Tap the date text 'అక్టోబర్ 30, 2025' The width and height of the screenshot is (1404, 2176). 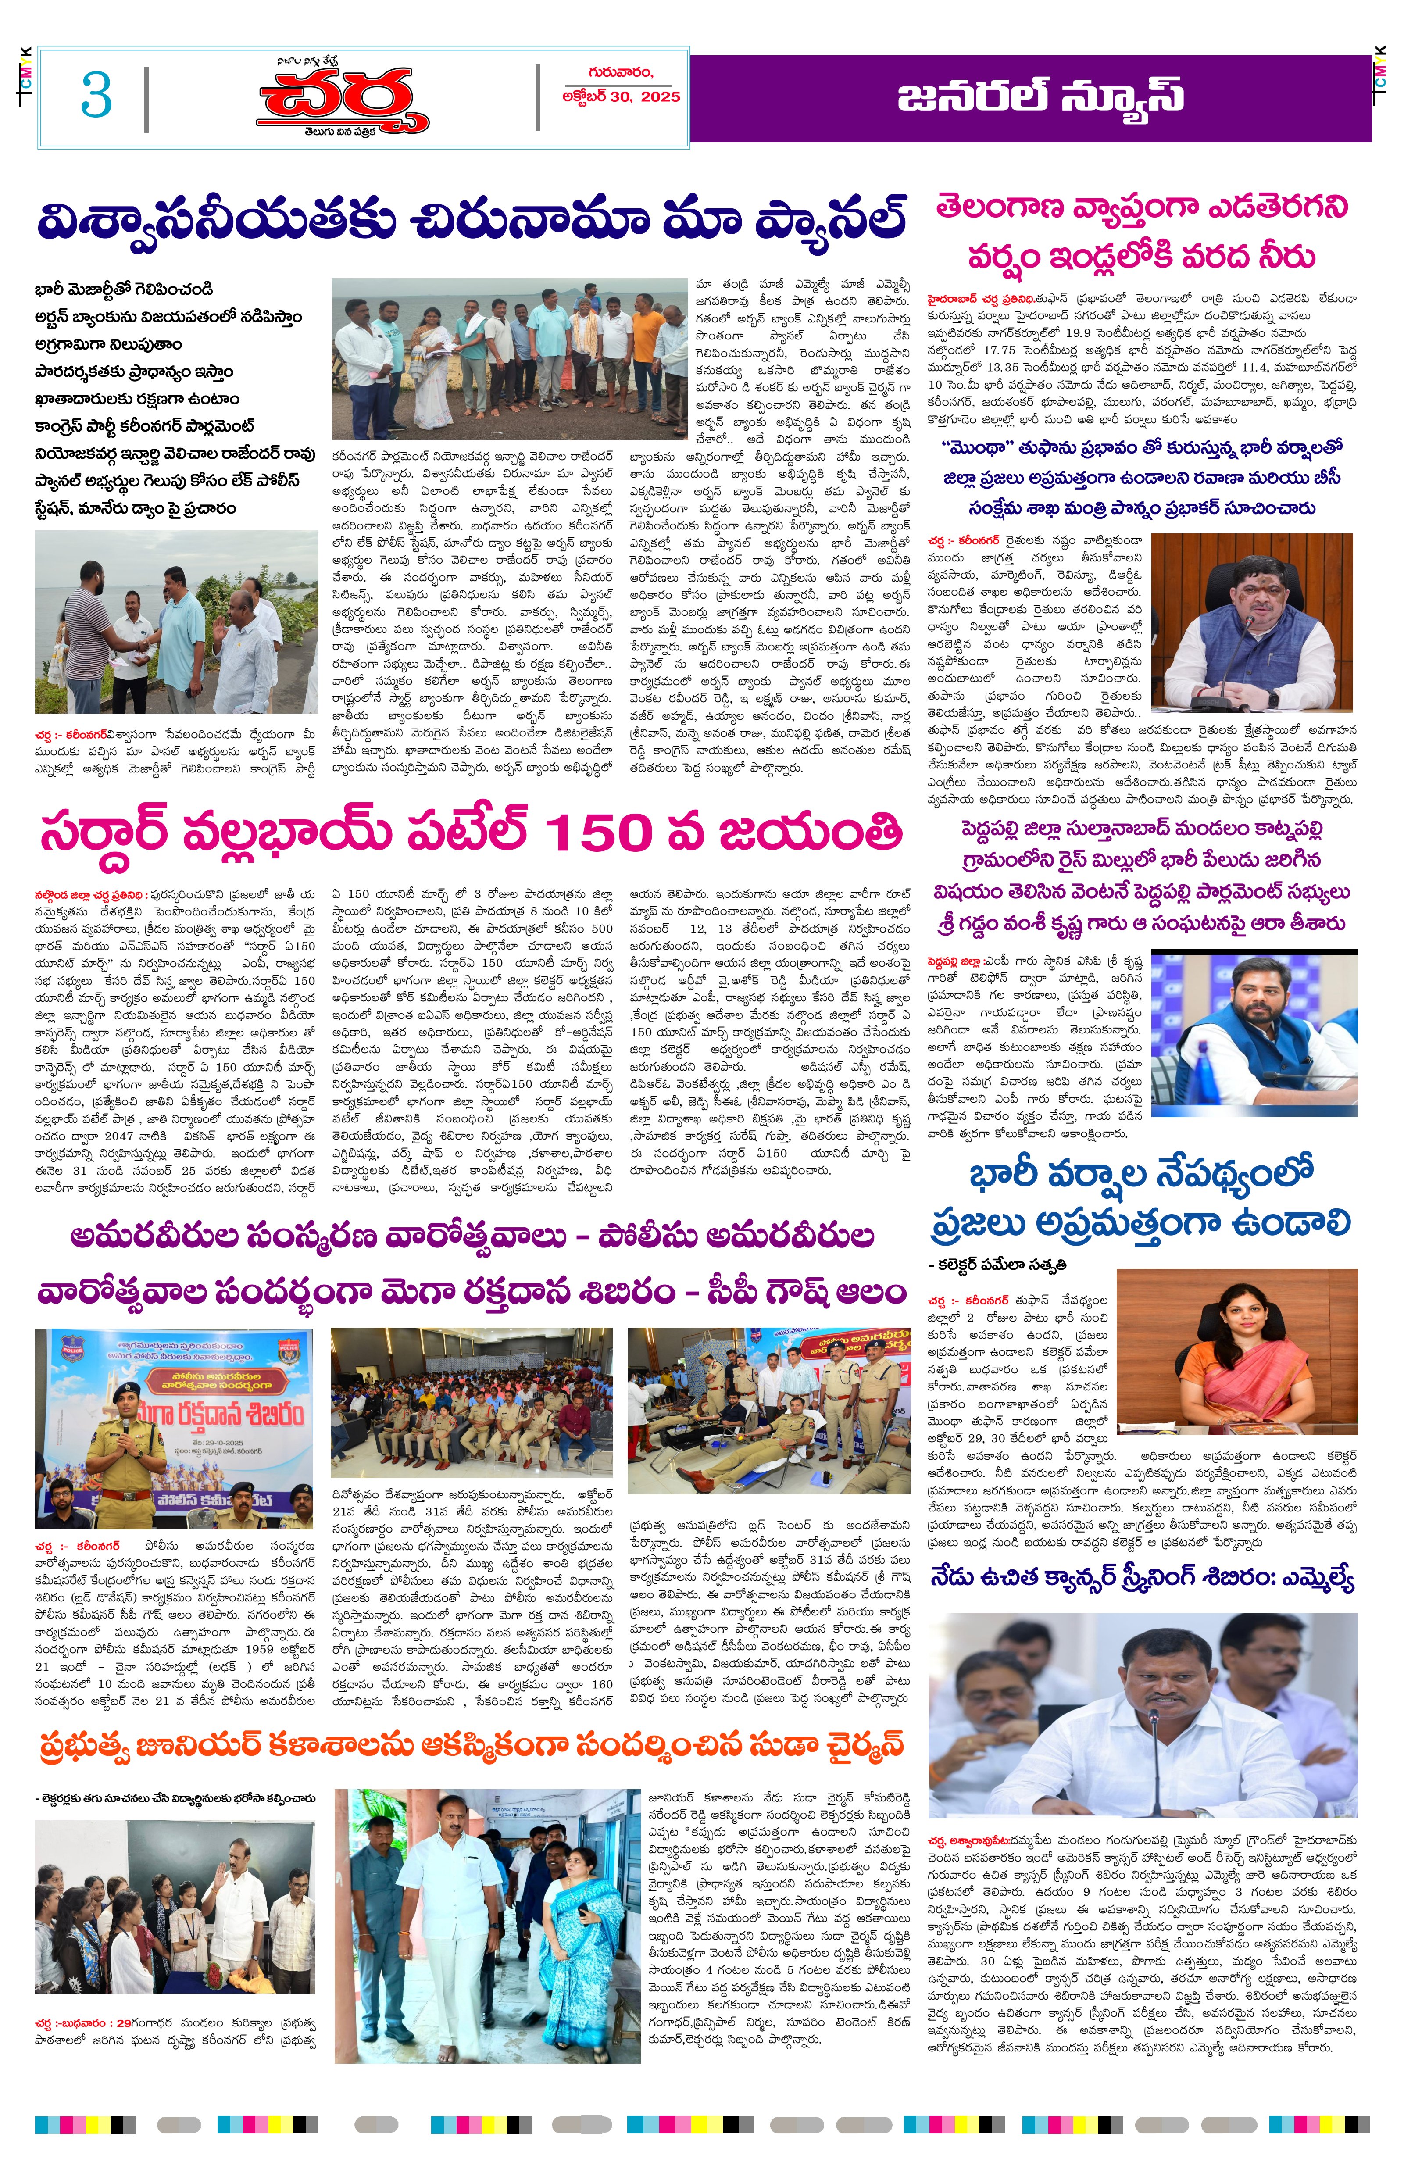coord(621,96)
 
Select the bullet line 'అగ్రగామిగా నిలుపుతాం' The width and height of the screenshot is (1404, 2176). coord(108,345)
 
